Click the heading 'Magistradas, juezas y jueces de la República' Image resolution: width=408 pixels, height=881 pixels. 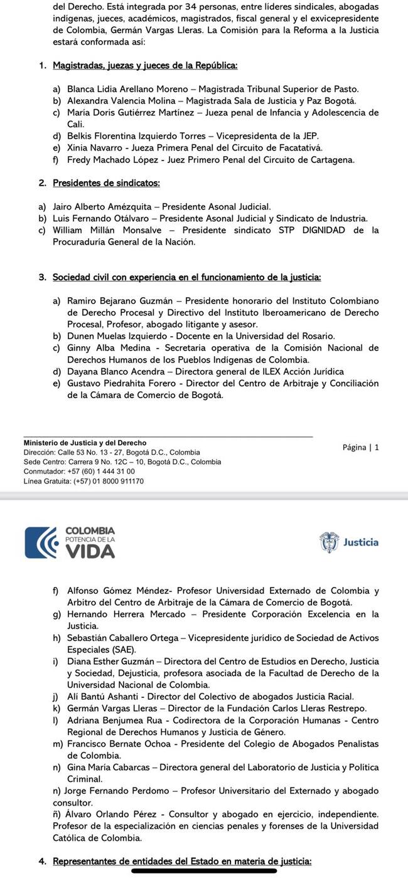(145, 65)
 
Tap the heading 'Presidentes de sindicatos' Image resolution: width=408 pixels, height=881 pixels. (106, 183)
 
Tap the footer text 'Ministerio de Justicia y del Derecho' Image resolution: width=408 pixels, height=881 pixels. (85, 443)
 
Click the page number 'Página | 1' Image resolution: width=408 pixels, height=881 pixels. (361, 447)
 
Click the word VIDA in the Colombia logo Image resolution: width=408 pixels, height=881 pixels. (90, 551)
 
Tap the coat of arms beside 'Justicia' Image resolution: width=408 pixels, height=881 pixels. (329, 542)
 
